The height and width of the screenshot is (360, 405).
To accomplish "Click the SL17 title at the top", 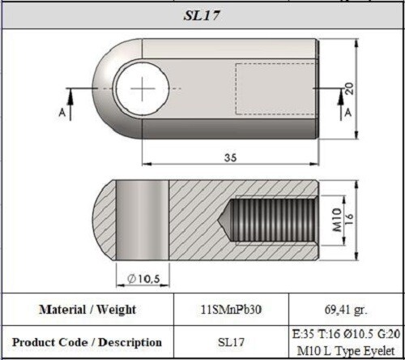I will point(202,16).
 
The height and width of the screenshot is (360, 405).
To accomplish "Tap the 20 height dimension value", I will point(349,89).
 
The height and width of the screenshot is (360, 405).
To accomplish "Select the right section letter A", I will point(347,114).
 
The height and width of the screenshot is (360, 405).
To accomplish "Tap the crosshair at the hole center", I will point(143,88).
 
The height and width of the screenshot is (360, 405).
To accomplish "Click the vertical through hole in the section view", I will point(142,219).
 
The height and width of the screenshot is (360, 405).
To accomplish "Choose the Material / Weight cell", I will point(87,310).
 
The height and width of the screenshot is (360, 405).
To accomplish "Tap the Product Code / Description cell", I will point(87,342).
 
